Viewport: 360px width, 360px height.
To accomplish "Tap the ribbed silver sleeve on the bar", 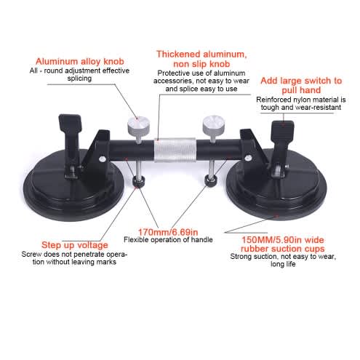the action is tap(175, 150).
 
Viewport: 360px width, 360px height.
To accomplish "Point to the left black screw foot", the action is tap(139, 182).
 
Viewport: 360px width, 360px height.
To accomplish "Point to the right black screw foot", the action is tap(211, 180).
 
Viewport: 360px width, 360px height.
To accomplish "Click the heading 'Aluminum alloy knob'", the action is tap(80, 61).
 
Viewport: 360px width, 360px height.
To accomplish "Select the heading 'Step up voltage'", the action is tap(75, 245).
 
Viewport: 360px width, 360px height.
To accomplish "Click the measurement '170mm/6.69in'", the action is tap(168, 232).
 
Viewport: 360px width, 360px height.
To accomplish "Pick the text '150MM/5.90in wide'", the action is tap(283, 240).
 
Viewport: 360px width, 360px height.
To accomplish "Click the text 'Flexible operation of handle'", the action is tap(168, 240).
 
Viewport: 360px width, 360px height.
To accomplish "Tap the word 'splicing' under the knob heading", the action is tap(79, 79).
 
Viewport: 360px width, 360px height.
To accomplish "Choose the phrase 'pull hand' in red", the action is tap(301, 90).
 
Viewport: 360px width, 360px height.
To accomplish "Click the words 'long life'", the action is tap(283, 264).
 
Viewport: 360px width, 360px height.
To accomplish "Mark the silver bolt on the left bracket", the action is tap(103, 159).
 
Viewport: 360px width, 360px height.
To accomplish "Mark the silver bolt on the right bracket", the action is tap(248, 159).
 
